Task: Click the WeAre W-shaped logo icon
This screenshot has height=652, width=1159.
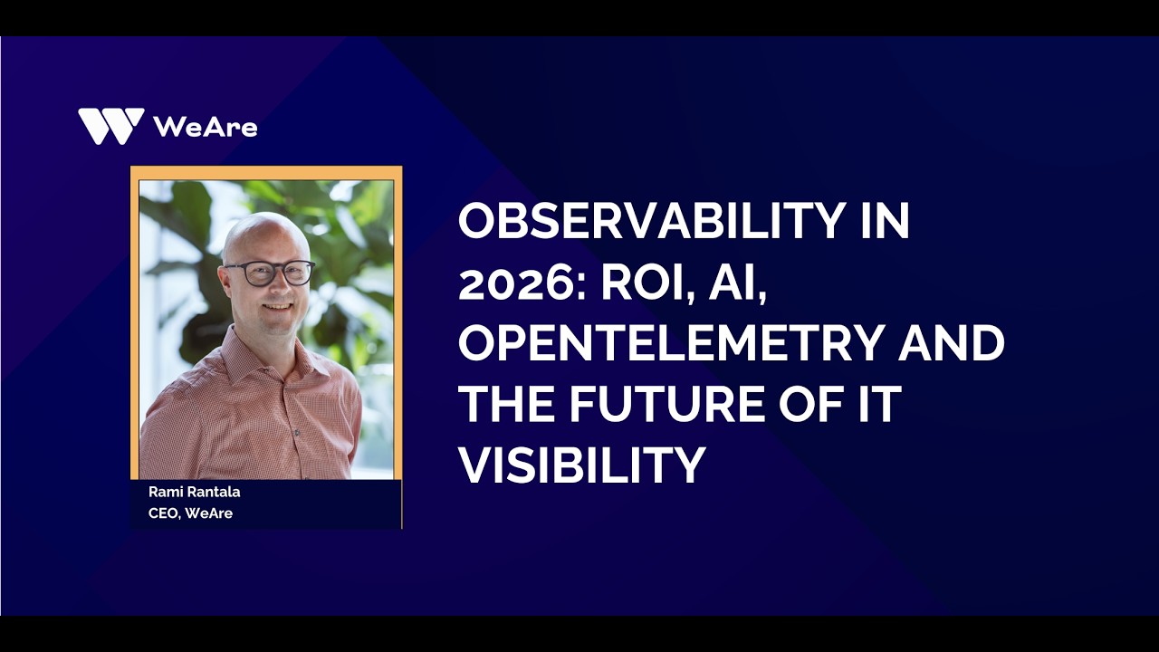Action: (x=110, y=126)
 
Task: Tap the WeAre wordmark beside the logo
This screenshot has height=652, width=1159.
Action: (x=206, y=127)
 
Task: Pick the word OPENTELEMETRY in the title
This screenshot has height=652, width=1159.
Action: (x=670, y=343)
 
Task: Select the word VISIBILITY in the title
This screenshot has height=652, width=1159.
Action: (x=581, y=465)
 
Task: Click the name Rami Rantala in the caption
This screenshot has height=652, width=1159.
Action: (x=194, y=493)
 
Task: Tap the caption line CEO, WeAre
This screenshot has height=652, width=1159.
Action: (x=190, y=513)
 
